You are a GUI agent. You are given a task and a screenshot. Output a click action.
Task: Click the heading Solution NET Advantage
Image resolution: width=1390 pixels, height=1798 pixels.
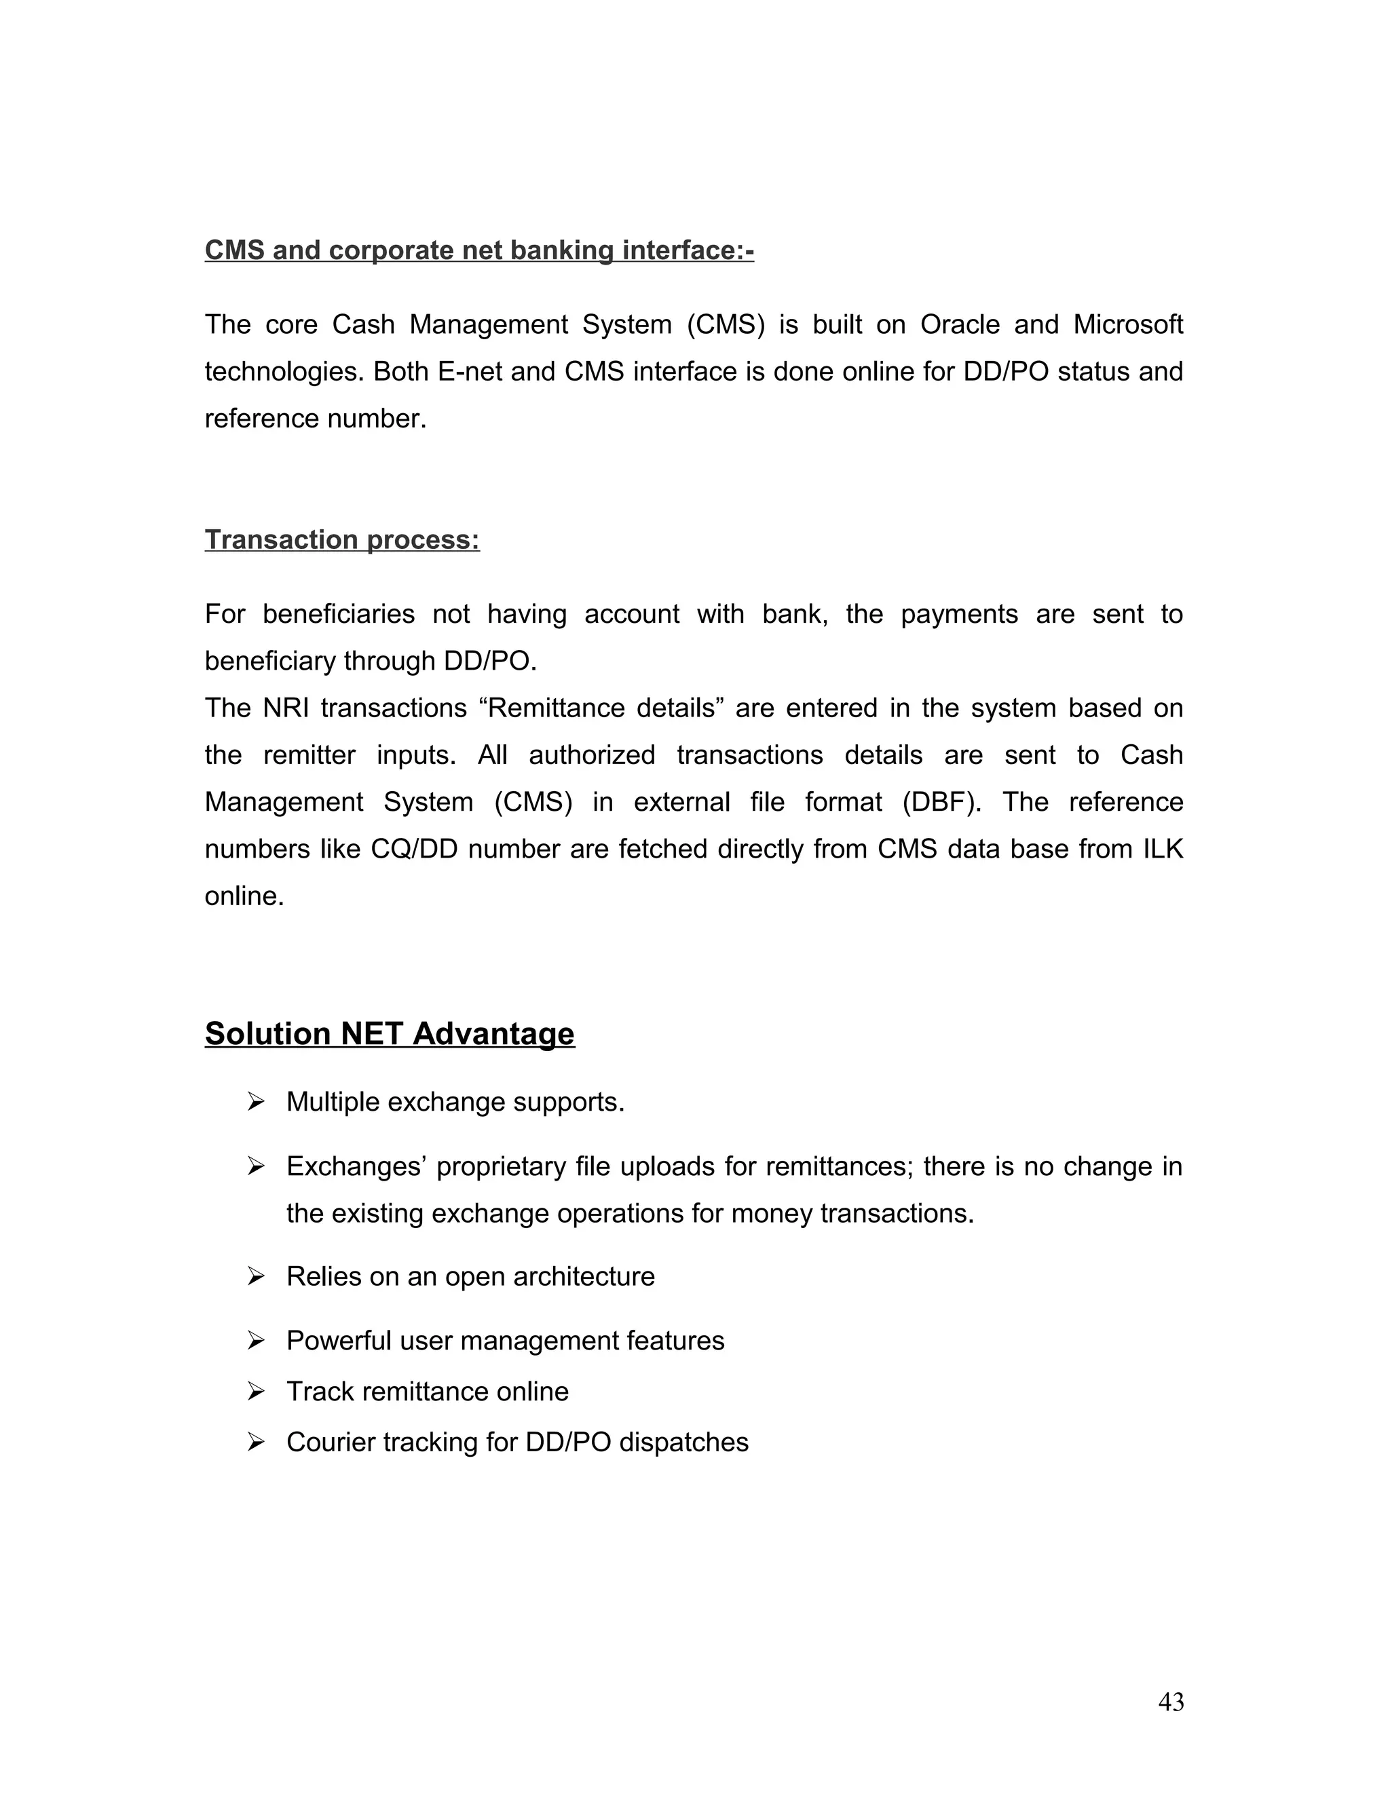[x=390, y=1033]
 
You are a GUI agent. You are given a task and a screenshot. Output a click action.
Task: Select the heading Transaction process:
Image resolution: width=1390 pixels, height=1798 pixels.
[x=342, y=539]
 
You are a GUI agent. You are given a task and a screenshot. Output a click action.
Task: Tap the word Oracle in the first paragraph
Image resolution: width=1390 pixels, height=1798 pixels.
[x=959, y=324]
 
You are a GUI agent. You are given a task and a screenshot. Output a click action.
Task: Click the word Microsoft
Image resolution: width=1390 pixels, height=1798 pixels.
[x=1127, y=324]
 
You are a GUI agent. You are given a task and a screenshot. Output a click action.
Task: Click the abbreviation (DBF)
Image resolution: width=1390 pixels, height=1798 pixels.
[x=942, y=802]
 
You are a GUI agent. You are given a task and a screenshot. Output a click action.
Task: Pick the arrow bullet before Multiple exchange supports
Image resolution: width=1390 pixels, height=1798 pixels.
[x=255, y=1101]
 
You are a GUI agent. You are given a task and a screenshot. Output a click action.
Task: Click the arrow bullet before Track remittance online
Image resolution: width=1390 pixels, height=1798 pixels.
[x=255, y=1392]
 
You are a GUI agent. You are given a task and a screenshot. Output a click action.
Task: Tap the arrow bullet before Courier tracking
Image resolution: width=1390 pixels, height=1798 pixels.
[x=255, y=1442]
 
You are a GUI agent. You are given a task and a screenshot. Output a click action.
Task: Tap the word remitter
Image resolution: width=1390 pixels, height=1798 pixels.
[x=309, y=755]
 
